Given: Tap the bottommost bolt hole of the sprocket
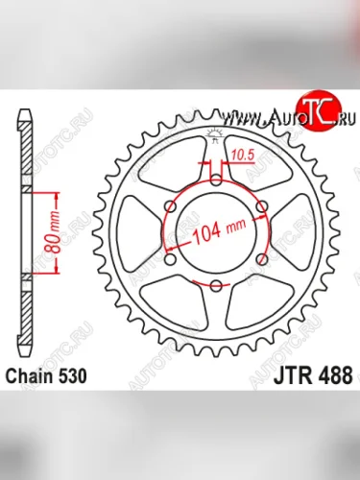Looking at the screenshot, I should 216,286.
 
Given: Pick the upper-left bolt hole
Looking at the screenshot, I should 170,206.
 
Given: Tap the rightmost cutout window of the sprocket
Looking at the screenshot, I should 295,232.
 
